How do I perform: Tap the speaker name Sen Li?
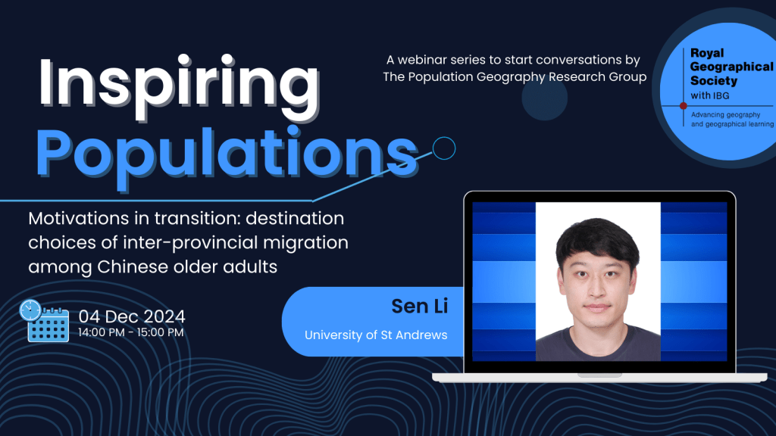coord(420,306)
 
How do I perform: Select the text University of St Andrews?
coord(376,335)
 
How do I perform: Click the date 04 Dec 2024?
coord(132,316)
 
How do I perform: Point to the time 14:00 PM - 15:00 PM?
coord(130,332)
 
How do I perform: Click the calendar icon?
coord(48,325)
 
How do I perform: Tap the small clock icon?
coord(30,310)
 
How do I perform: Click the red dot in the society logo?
coord(683,106)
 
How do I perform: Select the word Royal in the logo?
coord(707,53)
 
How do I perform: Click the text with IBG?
coord(709,95)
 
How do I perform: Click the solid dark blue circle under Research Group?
coord(544,98)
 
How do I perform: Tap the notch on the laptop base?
coord(599,375)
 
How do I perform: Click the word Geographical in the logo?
coord(731,67)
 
